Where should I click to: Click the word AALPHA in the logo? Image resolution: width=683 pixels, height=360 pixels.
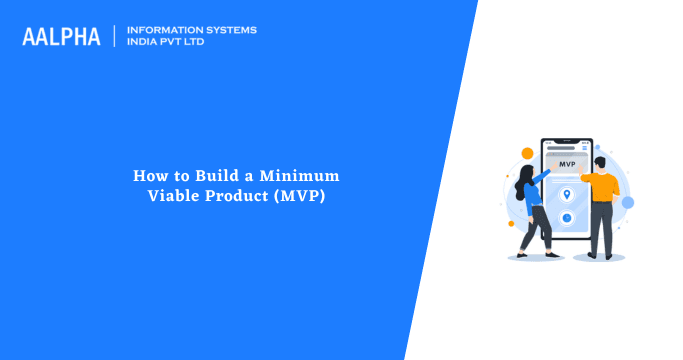(x=61, y=37)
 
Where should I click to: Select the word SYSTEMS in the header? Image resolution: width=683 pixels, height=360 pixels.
(x=230, y=30)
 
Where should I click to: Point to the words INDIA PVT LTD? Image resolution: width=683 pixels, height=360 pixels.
(x=170, y=43)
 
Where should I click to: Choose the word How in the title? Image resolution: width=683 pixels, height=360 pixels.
(x=149, y=175)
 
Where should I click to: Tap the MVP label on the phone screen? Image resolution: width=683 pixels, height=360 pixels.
(x=567, y=164)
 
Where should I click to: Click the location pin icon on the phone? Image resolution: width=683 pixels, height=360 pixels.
(x=567, y=194)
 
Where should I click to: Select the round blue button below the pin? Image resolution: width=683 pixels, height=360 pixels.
(x=567, y=217)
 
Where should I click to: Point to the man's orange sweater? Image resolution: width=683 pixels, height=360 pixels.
(x=600, y=185)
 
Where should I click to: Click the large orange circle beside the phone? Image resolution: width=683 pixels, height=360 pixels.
(x=527, y=153)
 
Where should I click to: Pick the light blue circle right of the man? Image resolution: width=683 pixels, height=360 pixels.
(x=627, y=202)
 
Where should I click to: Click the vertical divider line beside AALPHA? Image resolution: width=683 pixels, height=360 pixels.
(x=115, y=36)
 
